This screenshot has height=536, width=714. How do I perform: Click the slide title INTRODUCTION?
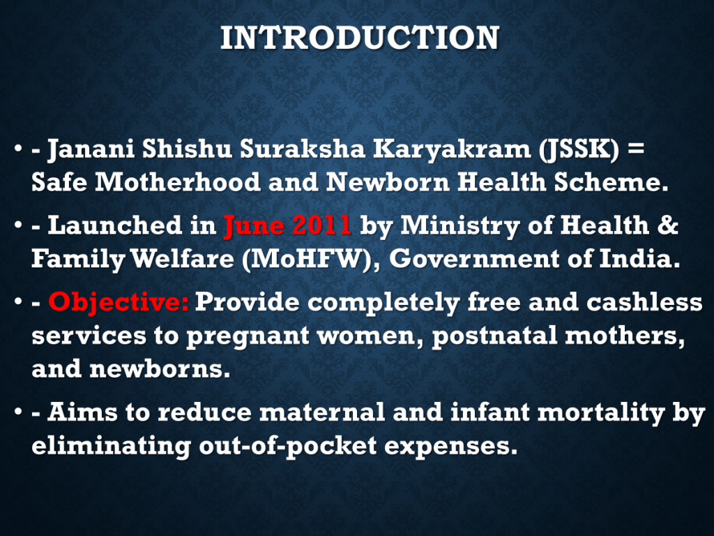360,38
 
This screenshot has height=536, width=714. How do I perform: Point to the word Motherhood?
178,182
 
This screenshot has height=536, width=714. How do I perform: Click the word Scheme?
611,182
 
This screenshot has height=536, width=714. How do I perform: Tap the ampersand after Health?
667,225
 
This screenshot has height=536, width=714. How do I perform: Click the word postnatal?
494,336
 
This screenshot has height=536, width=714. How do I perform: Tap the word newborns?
160,368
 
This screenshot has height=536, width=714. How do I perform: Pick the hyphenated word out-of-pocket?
288,446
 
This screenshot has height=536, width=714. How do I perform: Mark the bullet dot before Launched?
18,225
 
